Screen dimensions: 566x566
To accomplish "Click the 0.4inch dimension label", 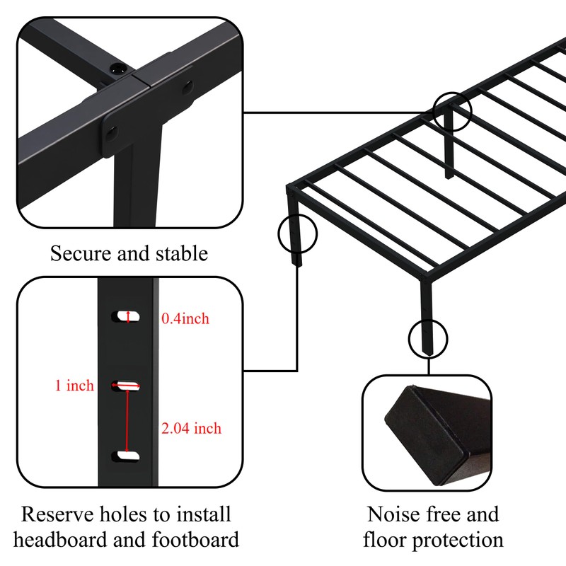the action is (185, 318).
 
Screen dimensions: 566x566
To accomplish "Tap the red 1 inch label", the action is (74, 386).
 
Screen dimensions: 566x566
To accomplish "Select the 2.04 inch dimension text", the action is (191, 428).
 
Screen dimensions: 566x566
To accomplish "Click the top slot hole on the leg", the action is (126, 316).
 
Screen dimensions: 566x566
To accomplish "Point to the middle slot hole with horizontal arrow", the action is (126, 386).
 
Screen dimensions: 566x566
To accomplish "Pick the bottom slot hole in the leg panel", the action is (126, 456).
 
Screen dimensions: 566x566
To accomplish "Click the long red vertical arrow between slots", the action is (127, 421).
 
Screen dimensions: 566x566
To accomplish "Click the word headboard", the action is (61, 540).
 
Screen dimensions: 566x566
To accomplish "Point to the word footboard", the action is (195, 540).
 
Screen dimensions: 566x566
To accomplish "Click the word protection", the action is (458, 541).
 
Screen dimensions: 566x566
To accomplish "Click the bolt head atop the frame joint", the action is (117, 68).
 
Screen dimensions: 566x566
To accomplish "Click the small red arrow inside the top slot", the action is (128, 316).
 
